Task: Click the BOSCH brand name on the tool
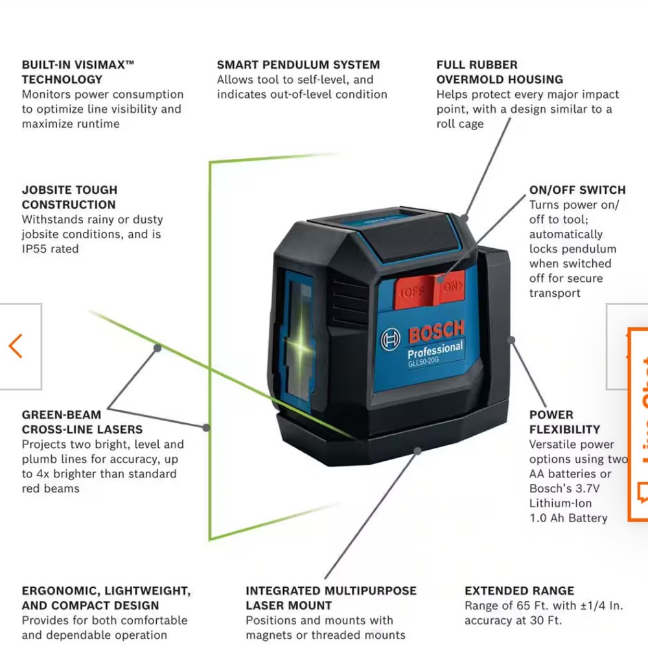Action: pos(436,332)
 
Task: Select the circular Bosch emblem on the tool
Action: pos(391,339)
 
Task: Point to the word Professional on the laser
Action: pos(435,351)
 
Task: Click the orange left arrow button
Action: pos(16,346)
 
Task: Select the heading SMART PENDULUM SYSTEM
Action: pos(298,65)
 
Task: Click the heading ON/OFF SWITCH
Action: pos(577,190)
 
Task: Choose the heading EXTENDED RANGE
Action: pos(519,591)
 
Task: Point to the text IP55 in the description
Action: pos(36,249)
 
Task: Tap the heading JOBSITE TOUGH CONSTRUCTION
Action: pos(69,197)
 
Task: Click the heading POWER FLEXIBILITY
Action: pos(564,422)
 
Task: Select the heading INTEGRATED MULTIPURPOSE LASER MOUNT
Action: pos(330,598)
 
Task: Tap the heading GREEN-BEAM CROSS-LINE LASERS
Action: pos(82,422)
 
